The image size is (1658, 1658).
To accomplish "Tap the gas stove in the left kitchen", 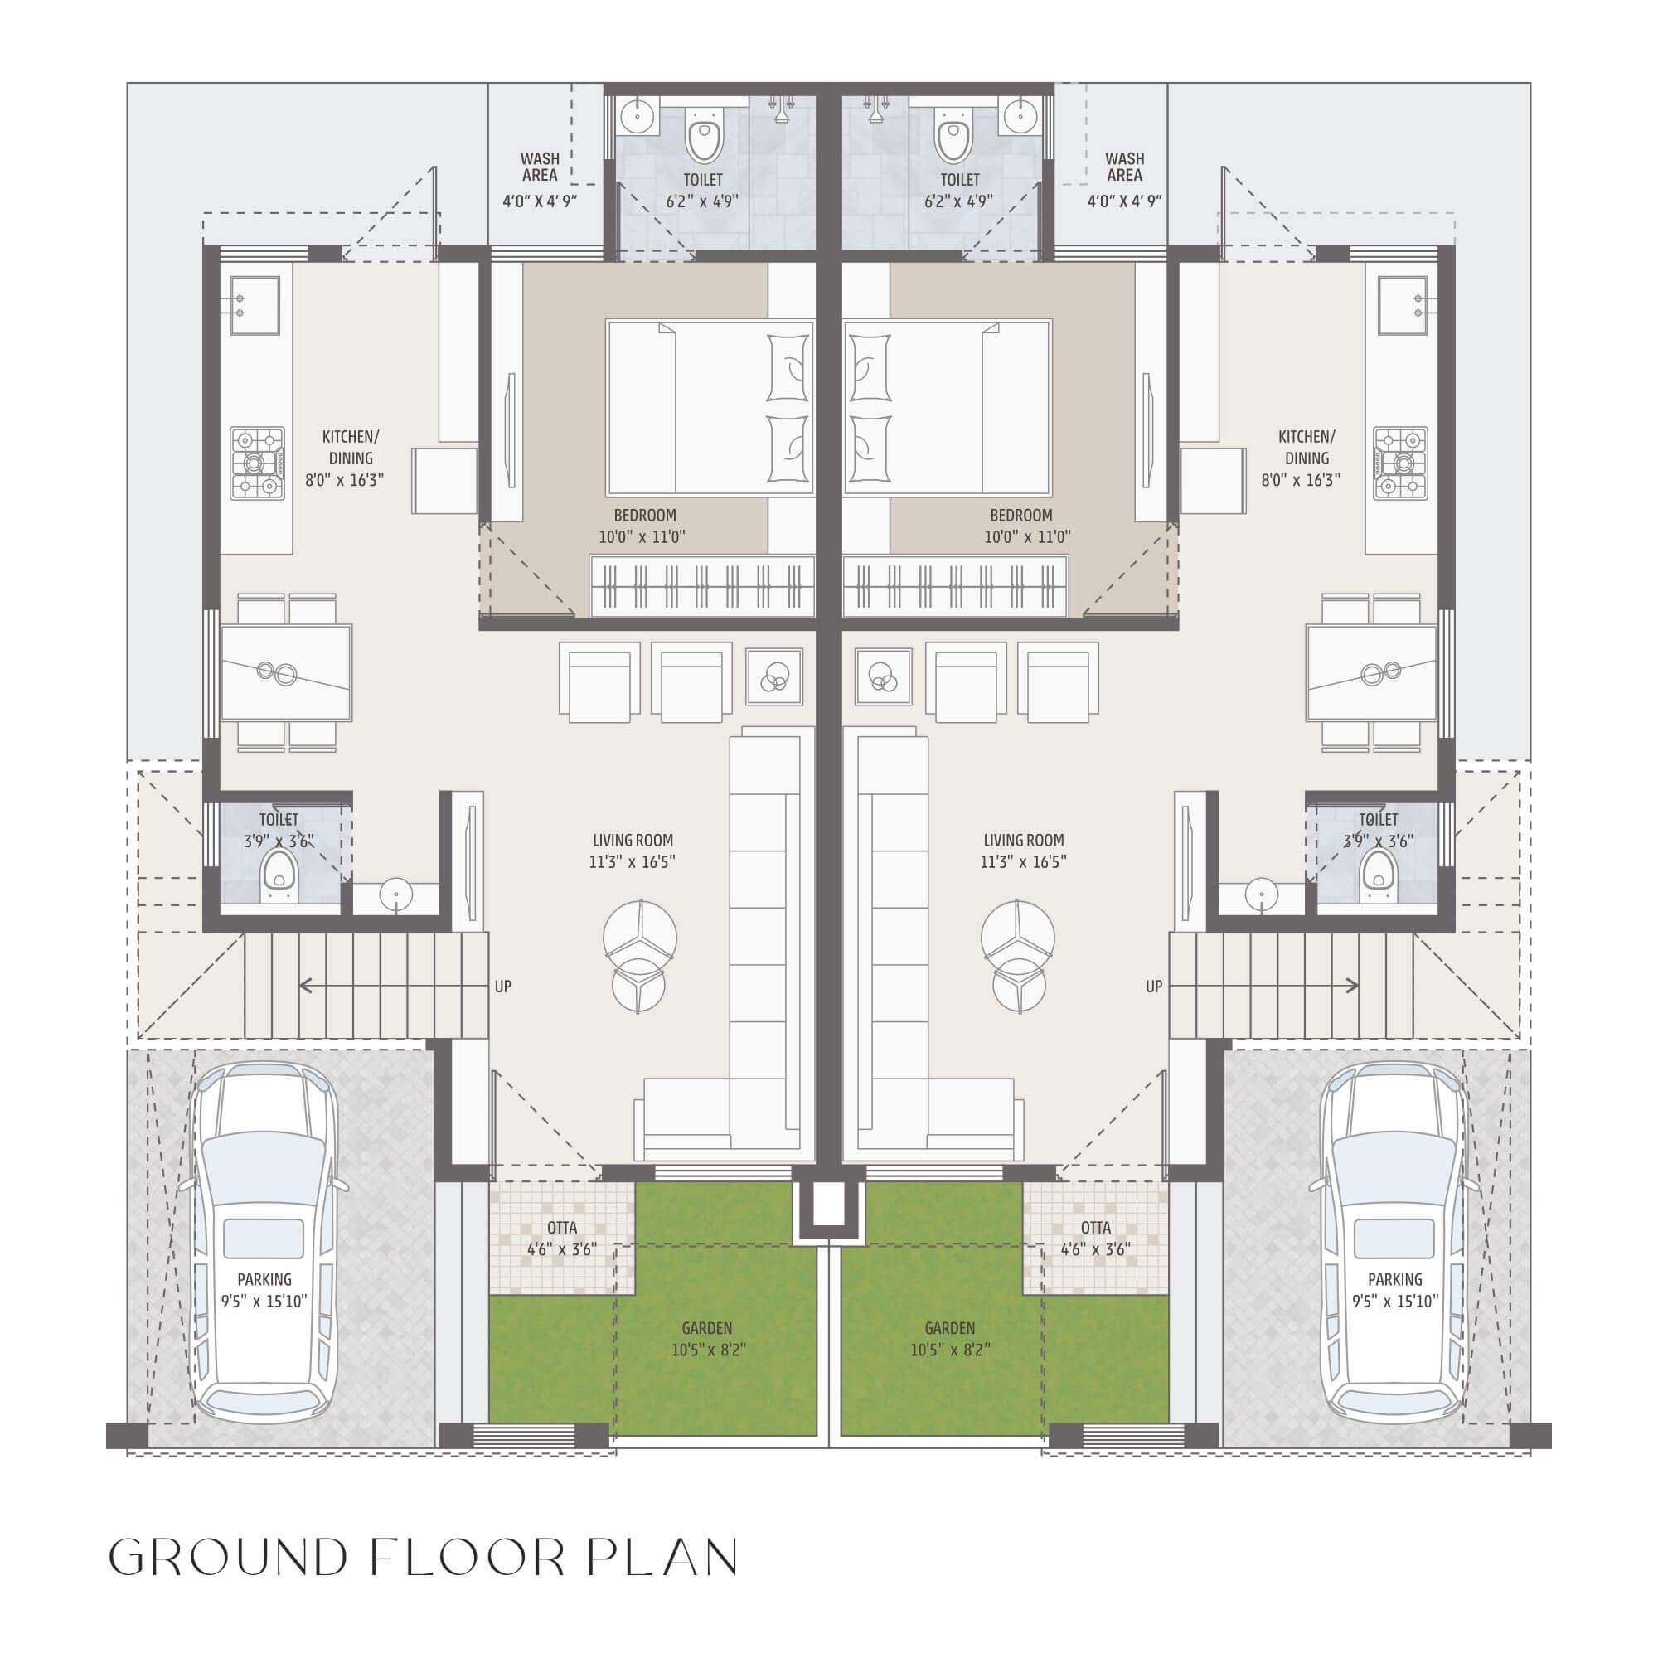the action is point(257,463).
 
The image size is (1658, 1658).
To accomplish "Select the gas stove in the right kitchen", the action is point(1400,463).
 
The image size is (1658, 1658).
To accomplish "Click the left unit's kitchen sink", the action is point(254,306).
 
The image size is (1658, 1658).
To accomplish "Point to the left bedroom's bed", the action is point(710,408).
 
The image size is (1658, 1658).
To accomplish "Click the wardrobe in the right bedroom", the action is point(955,586).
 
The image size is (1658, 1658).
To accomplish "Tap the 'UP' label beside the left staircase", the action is point(503,987).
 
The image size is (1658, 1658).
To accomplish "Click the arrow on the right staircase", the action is point(1263,986).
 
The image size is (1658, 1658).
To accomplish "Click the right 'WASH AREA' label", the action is point(1124,167).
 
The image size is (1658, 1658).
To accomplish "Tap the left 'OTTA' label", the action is point(562,1228).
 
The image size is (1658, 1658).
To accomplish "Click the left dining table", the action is point(286,673).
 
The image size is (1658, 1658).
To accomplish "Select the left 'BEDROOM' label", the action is point(644,516).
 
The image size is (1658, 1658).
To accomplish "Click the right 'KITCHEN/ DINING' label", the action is point(1307,447).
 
